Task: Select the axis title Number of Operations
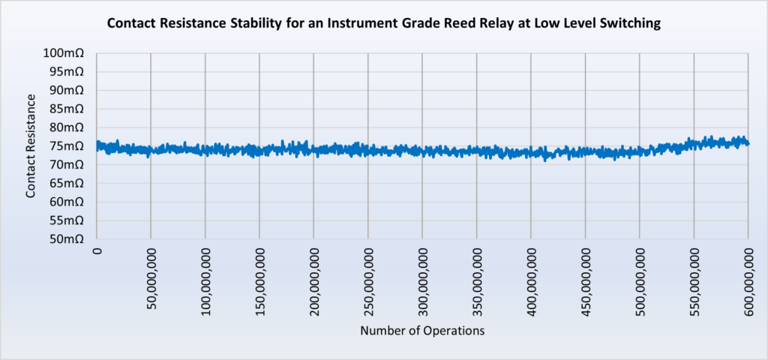pyautogui.click(x=422, y=331)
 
